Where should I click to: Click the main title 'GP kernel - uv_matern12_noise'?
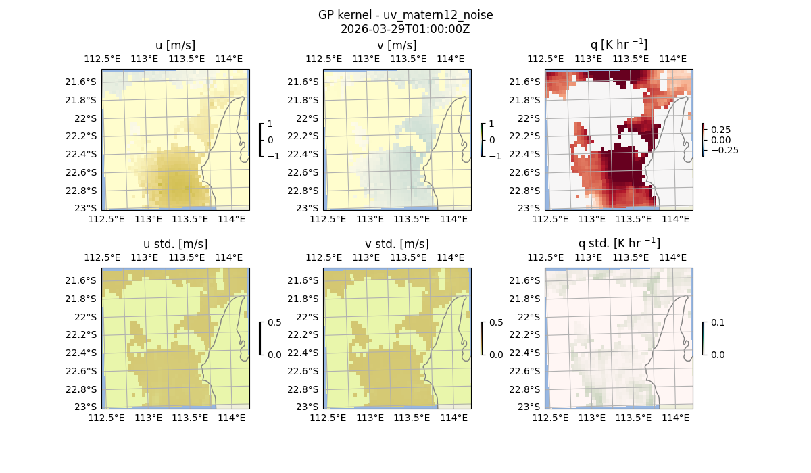[x=405, y=15]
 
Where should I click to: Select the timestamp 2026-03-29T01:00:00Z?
[x=405, y=29]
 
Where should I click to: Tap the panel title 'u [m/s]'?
[x=175, y=45]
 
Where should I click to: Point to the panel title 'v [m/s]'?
[x=397, y=45]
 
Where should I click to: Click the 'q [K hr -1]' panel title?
[x=618, y=45]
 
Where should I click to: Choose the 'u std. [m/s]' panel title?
[x=175, y=243]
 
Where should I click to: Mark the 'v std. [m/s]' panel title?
[x=397, y=243]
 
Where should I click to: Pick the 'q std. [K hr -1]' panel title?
[x=618, y=243]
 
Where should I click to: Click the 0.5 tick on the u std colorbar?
[x=274, y=322]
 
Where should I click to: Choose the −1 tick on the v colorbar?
[x=495, y=156]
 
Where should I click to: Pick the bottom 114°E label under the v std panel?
[x=453, y=418]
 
